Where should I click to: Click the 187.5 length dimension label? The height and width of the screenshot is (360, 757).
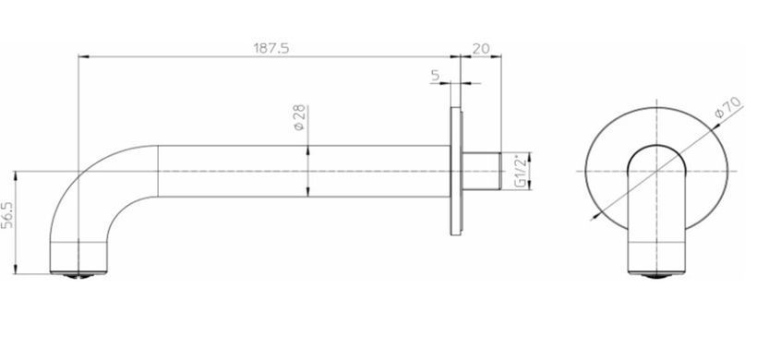pyautogui.click(x=271, y=48)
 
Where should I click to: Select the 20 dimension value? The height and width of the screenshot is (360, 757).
pyautogui.click(x=481, y=48)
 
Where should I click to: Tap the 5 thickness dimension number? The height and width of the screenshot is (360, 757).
pyautogui.click(x=436, y=76)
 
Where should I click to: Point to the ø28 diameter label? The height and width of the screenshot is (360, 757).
pyautogui.click(x=299, y=117)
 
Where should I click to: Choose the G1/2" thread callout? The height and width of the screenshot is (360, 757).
pyautogui.click(x=520, y=171)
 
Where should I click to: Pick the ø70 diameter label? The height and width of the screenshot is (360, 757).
pyautogui.click(x=727, y=107)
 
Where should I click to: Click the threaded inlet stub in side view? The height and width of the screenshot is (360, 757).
pyautogui.click(x=482, y=171)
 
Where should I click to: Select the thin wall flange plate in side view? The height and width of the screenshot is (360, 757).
pyautogui.click(x=456, y=171)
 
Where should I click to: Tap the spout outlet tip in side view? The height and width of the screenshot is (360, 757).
pyautogui.click(x=78, y=274)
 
